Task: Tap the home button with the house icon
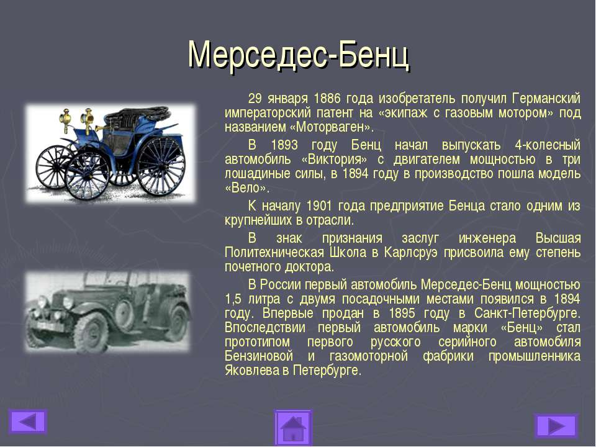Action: [x=293, y=428]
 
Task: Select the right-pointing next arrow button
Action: [x=556, y=426]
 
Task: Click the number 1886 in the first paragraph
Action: [x=327, y=99]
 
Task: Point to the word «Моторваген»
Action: [x=332, y=127]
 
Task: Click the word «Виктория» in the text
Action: [x=335, y=159]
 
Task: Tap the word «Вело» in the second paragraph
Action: [x=247, y=187]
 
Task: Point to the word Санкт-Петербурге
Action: [x=527, y=313]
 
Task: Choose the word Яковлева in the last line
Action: [x=251, y=370]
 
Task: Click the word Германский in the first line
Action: [x=546, y=99]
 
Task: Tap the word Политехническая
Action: [x=274, y=253]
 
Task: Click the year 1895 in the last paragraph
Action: [x=402, y=314]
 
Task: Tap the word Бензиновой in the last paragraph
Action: [x=259, y=356]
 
